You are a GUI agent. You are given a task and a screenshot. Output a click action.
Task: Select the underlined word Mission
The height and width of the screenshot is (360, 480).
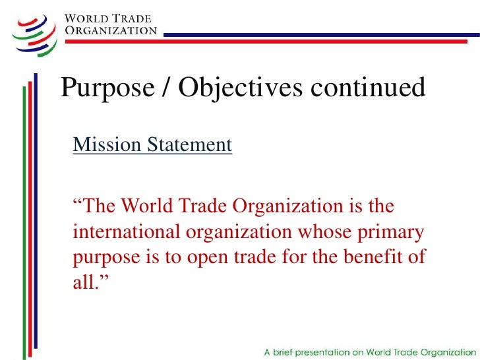tap(104, 144)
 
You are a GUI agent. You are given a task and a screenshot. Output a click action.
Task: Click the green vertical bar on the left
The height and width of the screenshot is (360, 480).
tap(27, 218)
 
